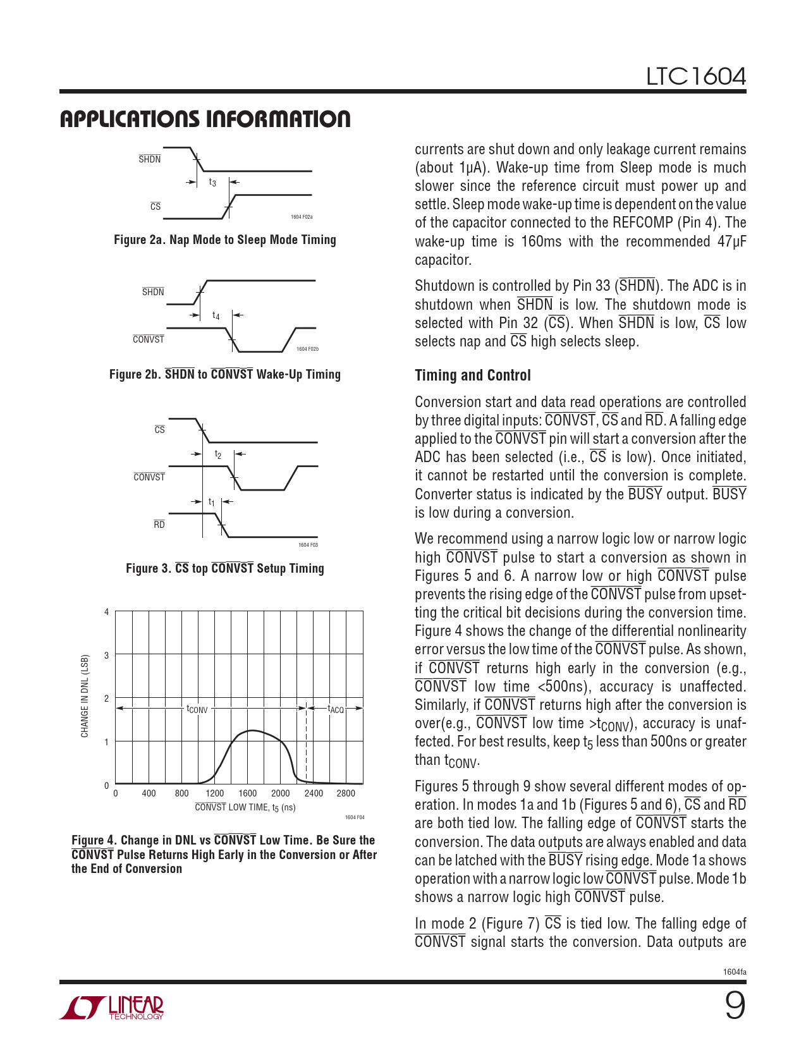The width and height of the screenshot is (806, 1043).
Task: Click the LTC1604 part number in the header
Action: click(x=695, y=77)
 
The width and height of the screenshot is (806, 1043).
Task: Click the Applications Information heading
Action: click(x=205, y=119)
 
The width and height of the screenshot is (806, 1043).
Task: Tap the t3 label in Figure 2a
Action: click(x=212, y=183)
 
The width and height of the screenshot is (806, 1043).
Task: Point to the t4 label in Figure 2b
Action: click(x=216, y=315)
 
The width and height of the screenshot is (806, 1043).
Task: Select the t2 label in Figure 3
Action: click(x=218, y=454)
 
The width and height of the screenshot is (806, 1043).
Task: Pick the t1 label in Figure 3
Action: click(x=212, y=502)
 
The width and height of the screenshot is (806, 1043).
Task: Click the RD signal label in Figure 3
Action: click(x=159, y=525)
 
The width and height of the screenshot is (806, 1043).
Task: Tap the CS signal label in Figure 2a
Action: click(x=156, y=207)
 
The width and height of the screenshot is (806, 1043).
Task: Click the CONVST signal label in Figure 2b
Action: click(x=149, y=339)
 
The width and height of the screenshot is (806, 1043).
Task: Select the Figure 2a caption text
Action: click(x=224, y=240)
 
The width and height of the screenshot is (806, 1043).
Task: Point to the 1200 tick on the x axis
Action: click(x=215, y=793)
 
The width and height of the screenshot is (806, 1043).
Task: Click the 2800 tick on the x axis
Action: click(x=346, y=793)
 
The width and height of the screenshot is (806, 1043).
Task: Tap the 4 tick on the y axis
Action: click(x=107, y=612)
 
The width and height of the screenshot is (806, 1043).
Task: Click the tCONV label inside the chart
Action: click(x=197, y=709)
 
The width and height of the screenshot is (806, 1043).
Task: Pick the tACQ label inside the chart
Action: click(x=336, y=709)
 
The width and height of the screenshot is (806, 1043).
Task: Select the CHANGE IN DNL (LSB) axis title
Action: click(x=85, y=696)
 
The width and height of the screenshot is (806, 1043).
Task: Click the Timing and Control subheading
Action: click(x=472, y=375)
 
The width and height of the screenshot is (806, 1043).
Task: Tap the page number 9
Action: click(x=734, y=1006)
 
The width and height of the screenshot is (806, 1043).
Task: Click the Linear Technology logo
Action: click(x=112, y=1008)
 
